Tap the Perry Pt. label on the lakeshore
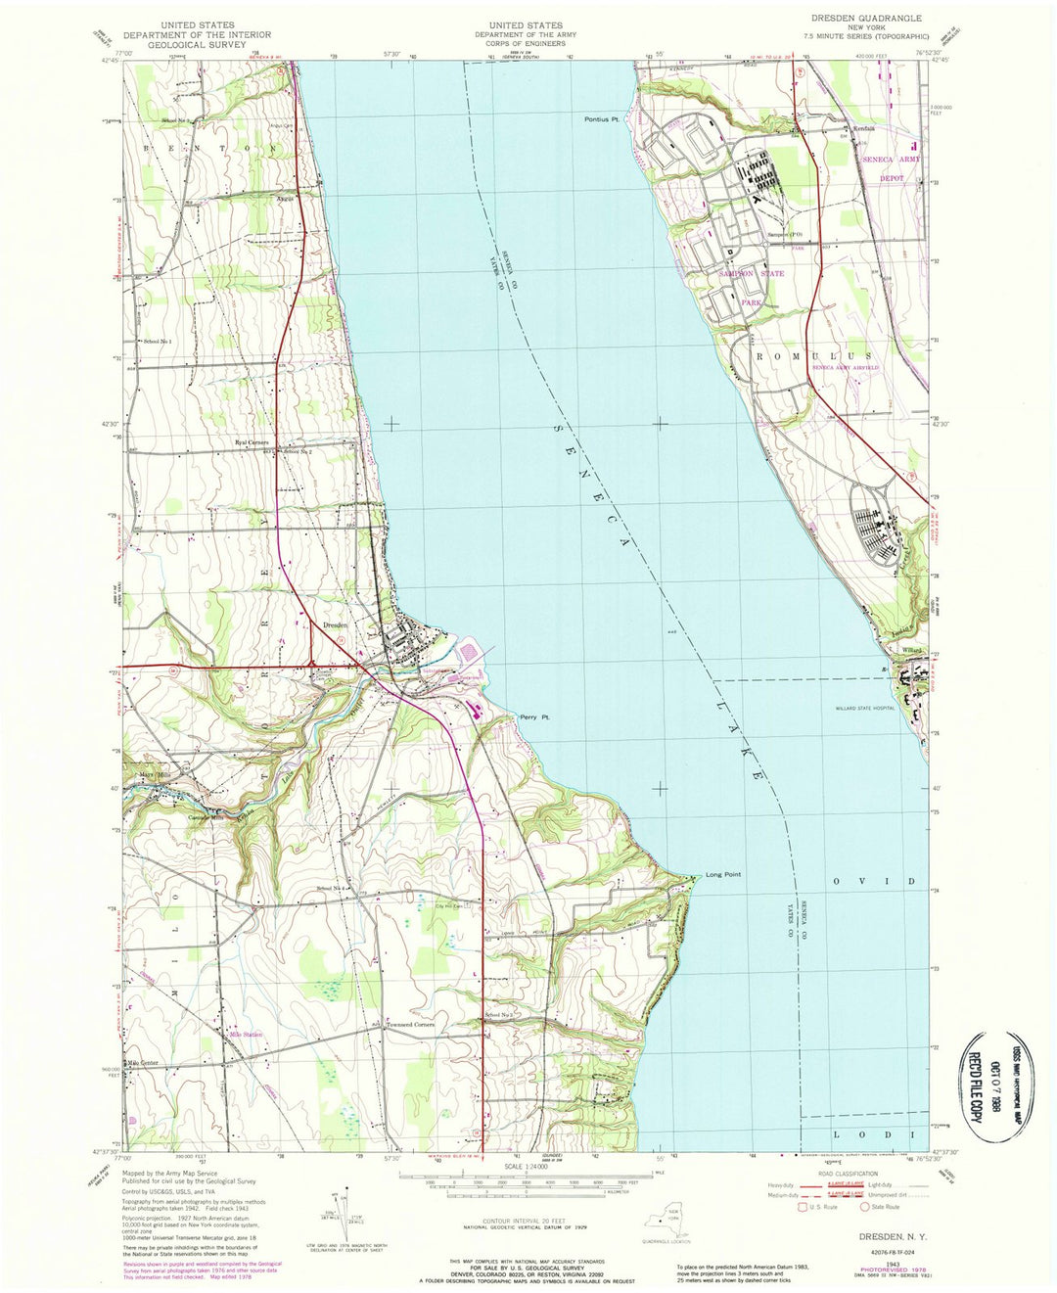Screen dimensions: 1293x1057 coord(535,717)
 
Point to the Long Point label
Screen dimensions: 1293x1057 coord(723,874)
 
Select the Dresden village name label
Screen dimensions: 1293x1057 coord(336,624)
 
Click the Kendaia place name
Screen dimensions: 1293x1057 coord(862,129)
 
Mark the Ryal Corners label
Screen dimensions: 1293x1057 coord(252,442)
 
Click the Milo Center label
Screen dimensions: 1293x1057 coord(143,1063)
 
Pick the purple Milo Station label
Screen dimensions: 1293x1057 coord(247,1034)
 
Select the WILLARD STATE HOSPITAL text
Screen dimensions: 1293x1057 coord(865,707)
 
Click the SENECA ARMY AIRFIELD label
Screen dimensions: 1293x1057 coord(841,368)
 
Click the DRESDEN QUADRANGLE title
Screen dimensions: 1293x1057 coord(866,19)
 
